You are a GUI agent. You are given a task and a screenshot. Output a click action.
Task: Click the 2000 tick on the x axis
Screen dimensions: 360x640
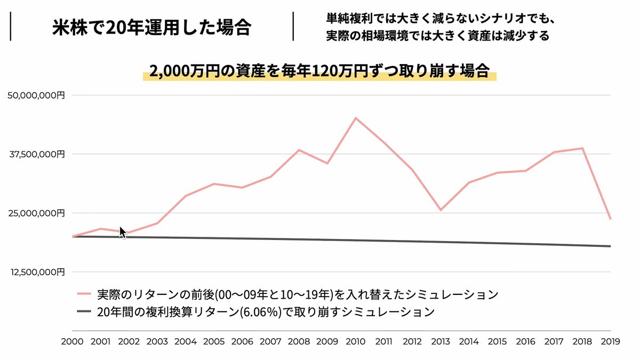[72, 342]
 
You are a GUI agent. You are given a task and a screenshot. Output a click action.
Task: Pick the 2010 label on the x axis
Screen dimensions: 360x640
[356, 342]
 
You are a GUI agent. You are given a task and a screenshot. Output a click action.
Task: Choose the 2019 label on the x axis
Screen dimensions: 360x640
[610, 342]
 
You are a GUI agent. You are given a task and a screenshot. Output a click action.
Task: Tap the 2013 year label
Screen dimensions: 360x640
[441, 342]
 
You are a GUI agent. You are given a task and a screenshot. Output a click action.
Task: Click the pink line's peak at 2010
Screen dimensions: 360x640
[356, 118]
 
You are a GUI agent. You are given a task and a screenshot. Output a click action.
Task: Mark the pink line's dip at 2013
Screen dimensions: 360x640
[441, 210]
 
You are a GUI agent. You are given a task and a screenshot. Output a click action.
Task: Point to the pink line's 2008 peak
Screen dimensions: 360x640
[299, 150]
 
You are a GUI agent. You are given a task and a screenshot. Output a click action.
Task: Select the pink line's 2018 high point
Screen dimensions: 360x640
[582, 148]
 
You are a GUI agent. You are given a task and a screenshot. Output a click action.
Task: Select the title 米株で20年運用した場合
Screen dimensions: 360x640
[152, 27]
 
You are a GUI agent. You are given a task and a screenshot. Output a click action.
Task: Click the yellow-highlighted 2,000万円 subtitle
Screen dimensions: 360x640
[319, 71]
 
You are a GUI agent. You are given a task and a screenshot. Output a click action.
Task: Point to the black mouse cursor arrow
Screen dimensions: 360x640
[122, 233]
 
